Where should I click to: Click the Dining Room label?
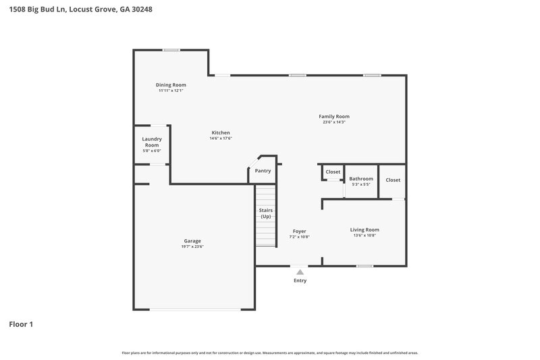point(171,84)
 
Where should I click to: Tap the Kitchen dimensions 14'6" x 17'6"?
point(221,138)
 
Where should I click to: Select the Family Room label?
point(334,116)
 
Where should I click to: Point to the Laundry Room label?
point(152,142)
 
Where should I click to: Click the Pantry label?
point(263,171)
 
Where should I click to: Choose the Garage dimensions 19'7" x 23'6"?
point(192,247)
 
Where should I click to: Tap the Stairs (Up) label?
point(266,213)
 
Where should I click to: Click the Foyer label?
point(299,231)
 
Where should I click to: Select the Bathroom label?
point(360,178)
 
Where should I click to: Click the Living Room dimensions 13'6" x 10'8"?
point(364,236)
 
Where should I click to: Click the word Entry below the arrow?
point(300,280)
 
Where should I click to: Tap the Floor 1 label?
point(21,324)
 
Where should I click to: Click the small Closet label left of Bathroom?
point(333,172)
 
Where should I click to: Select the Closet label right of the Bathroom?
point(393,180)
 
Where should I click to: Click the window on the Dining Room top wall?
point(171,49)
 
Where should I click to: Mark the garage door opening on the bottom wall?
point(195,309)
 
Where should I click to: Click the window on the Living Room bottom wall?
point(364,266)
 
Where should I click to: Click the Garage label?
point(192,240)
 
